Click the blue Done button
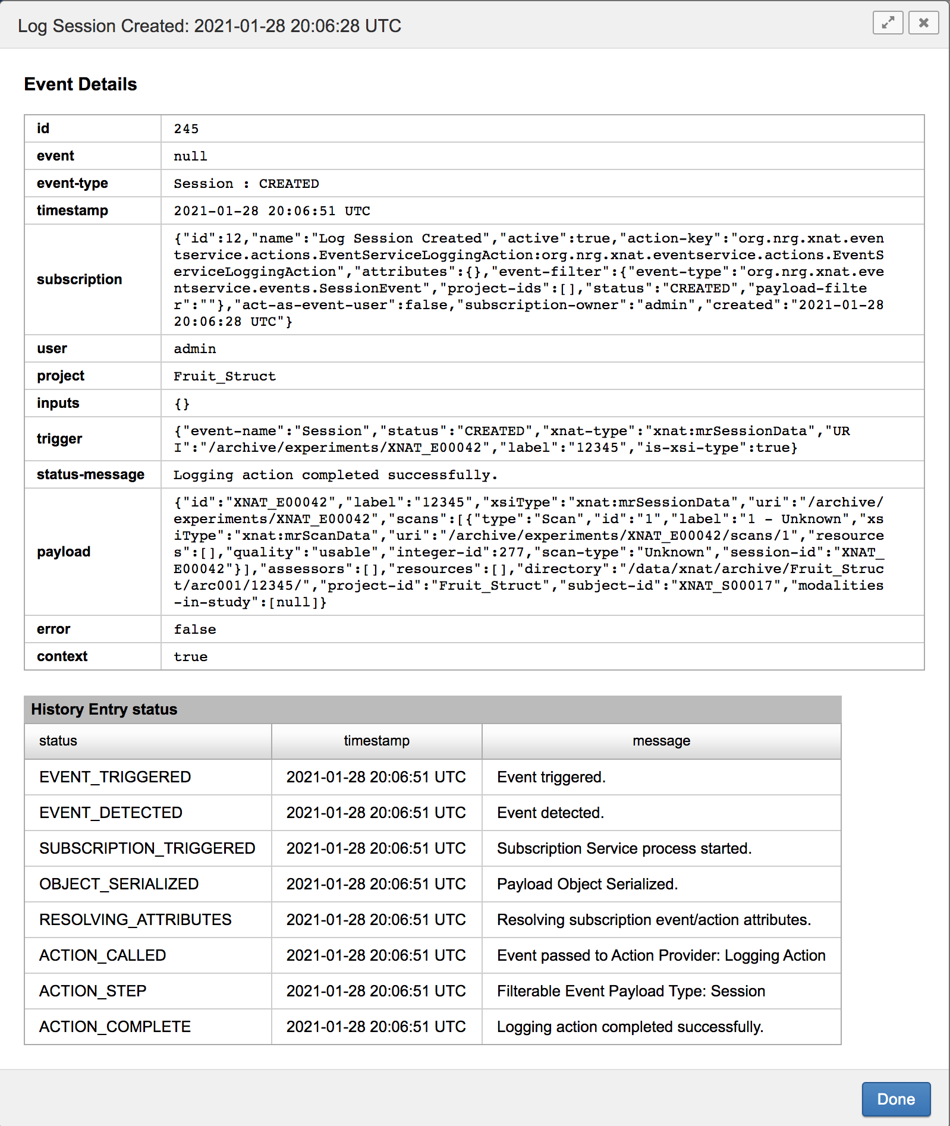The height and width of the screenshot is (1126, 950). [x=896, y=1099]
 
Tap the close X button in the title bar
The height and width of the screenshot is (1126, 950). [x=923, y=23]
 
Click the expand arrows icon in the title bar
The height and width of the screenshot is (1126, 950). [x=888, y=23]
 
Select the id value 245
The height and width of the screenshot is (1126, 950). [x=186, y=129]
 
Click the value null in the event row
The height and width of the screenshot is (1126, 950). [x=190, y=156]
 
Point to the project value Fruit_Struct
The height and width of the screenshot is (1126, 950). [x=225, y=376]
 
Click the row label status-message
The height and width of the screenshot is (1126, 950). [x=90, y=474]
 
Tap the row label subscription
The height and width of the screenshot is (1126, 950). [x=79, y=279]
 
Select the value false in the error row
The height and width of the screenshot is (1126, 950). [x=194, y=630]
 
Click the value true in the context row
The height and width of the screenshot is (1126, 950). [x=190, y=657]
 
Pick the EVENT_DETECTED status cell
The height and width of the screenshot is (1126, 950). [x=111, y=813]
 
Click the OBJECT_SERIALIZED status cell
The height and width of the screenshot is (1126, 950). [x=119, y=884]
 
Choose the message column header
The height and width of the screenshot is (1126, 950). [x=661, y=741]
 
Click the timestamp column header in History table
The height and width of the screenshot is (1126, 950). [x=376, y=741]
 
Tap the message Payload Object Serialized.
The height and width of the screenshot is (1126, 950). [x=587, y=884]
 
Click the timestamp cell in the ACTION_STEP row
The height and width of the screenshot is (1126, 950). [x=376, y=991]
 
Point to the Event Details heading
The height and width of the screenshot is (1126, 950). [x=80, y=84]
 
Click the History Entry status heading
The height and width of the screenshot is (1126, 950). [x=104, y=709]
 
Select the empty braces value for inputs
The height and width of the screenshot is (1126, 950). [x=182, y=404]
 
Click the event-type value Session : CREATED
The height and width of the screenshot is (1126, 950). [x=246, y=184]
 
